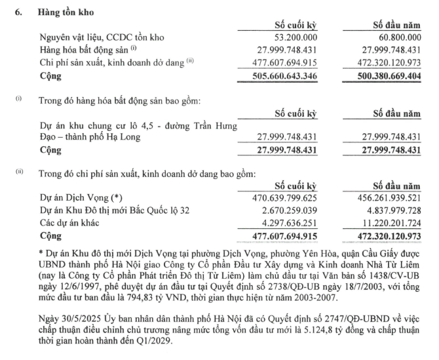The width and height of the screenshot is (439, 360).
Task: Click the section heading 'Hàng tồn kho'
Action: (x=69, y=12)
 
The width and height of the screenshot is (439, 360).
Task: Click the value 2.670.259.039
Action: (x=286, y=210)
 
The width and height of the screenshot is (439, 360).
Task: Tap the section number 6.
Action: (x=20, y=12)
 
